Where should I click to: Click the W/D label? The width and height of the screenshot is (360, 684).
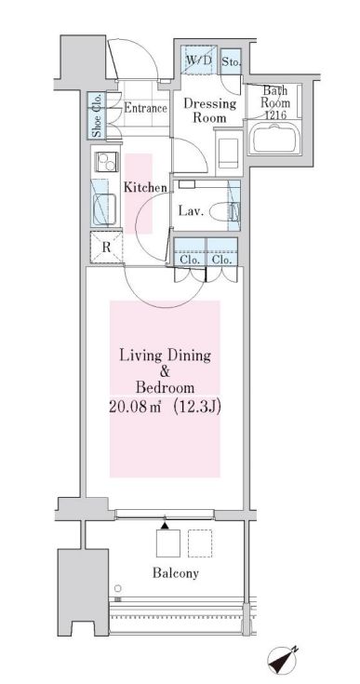coord(199,60)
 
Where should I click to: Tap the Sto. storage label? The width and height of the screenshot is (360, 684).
coord(231,61)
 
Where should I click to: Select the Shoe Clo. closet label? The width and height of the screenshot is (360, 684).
coord(97,115)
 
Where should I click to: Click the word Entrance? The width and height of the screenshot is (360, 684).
coord(145,108)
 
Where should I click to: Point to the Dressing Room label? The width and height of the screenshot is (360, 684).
coord(209,111)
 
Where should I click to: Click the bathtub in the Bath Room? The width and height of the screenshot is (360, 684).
coord(274,138)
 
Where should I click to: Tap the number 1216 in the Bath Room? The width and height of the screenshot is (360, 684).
coord(275,115)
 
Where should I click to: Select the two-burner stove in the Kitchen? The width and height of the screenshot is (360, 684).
coord(106,162)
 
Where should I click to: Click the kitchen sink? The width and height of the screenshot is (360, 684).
coord(105,209)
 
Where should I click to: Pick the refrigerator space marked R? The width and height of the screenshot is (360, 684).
coord(106,248)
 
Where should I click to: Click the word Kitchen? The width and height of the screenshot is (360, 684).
coord(145,188)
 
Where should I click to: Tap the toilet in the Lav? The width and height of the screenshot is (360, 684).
coord(224,212)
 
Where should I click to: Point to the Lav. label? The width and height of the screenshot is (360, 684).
coord(192,211)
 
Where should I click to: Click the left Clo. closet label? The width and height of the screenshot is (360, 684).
coord(190,260)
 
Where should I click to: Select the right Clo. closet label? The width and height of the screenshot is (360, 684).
coord(221,260)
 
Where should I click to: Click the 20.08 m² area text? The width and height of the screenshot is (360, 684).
coord(135,407)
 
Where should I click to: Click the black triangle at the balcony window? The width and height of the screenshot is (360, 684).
coord(165,525)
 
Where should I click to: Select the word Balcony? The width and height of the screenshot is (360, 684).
coord(176,572)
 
